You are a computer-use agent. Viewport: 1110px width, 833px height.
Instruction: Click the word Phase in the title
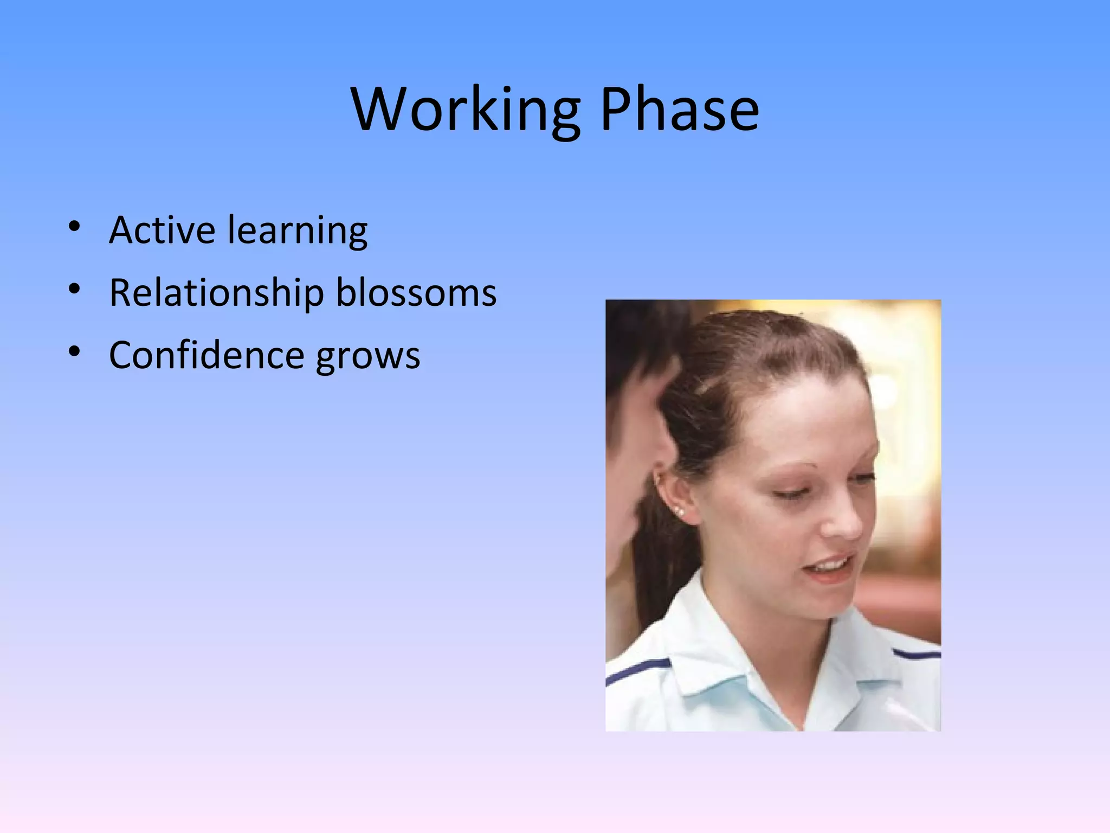click(x=680, y=110)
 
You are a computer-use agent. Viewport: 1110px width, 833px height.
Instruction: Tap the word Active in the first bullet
click(x=162, y=230)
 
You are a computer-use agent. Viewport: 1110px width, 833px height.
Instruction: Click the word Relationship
click(x=216, y=293)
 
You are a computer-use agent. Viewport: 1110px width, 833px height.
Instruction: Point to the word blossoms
click(x=416, y=293)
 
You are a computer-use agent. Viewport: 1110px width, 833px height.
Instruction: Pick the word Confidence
click(x=206, y=355)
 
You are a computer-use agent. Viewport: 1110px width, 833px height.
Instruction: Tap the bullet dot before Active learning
click(x=75, y=226)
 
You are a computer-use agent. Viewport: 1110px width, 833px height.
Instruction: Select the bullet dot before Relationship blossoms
click(x=75, y=289)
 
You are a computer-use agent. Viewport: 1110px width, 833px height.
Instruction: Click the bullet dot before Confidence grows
click(x=75, y=351)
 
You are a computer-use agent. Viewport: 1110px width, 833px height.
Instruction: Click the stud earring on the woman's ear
click(x=679, y=511)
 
